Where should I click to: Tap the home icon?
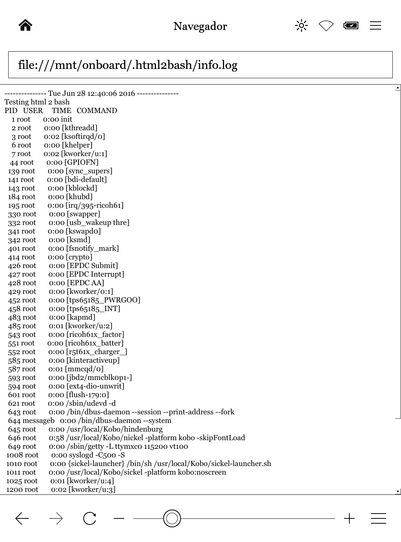pos(25,25)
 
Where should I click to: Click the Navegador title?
pos(200,26)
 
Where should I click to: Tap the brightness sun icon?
pos(301,25)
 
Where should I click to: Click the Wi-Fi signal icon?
pos(326,25)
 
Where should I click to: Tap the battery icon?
pos(351,25)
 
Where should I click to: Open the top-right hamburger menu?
pos(375,25)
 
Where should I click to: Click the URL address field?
pos(200,65)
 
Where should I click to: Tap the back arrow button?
pos(22,518)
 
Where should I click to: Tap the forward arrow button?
pos(56,518)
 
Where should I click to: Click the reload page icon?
pos(90,518)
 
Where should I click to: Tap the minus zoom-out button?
pos(119,518)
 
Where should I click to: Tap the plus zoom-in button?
pos(349,518)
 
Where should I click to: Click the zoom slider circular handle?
pos(172,518)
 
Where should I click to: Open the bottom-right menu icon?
pos(378,518)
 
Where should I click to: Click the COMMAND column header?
pos(97,111)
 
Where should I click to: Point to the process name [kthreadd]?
pos(79,128)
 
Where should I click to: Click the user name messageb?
pos(39,421)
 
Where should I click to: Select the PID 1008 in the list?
pos(13,455)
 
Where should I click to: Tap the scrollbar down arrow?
pos(397,491)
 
